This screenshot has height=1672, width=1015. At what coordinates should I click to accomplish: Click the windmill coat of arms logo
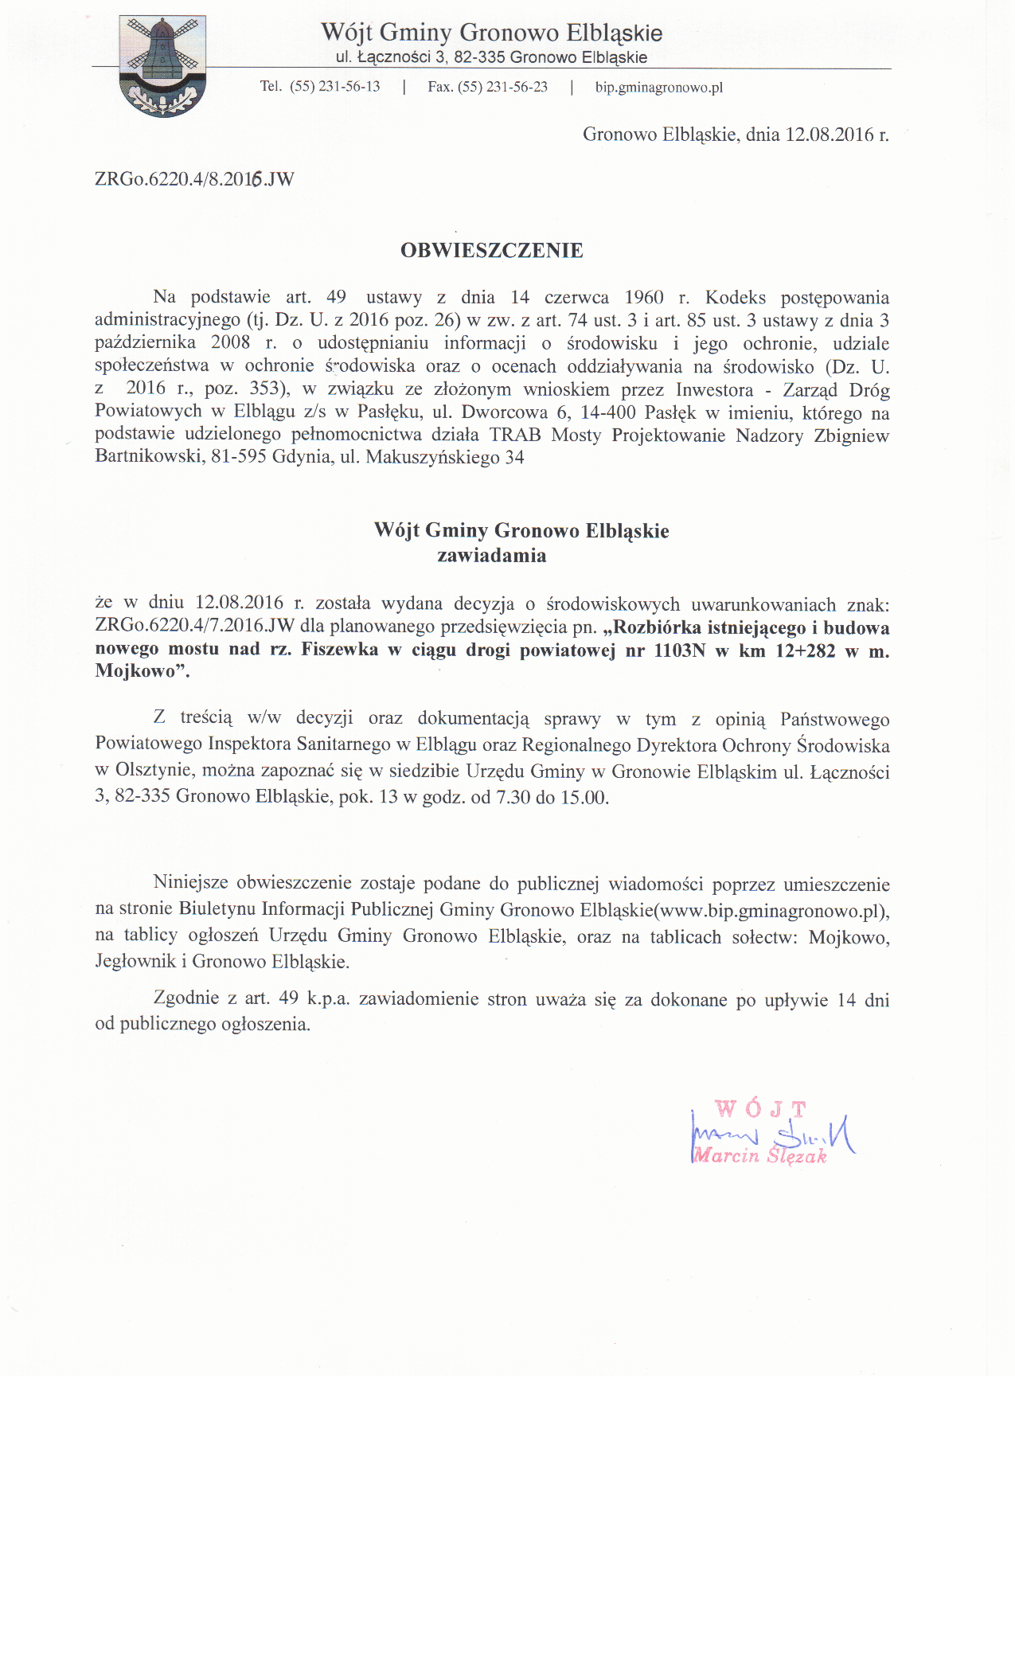pyautogui.click(x=162, y=66)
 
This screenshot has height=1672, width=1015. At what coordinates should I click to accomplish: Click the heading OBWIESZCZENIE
pyautogui.click(x=491, y=251)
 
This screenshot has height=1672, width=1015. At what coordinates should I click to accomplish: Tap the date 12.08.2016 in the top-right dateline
pyautogui.click(x=830, y=135)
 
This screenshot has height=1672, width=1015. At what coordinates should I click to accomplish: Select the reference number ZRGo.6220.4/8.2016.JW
pyautogui.click(x=194, y=179)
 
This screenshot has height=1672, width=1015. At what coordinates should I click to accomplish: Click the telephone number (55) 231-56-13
pyautogui.click(x=334, y=87)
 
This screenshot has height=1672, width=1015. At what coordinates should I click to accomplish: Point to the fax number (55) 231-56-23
pyautogui.click(x=502, y=87)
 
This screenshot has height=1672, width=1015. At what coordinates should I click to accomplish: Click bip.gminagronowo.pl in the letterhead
pyautogui.click(x=658, y=88)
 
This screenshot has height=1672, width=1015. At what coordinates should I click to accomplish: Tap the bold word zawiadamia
pyautogui.click(x=491, y=556)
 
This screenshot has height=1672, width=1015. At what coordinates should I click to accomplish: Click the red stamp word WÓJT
pyautogui.click(x=760, y=1108)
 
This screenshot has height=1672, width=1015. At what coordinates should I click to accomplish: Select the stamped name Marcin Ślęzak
pyautogui.click(x=760, y=1156)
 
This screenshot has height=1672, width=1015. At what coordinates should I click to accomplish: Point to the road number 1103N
pyautogui.click(x=679, y=650)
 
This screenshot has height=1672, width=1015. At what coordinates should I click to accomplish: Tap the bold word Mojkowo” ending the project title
pyautogui.click(x=142, y=671)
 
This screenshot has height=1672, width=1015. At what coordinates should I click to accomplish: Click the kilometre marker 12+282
pyautogui.click(x=805, y=650)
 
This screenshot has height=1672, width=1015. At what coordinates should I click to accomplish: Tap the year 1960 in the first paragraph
pyautogui.click(x=643, y=298)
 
